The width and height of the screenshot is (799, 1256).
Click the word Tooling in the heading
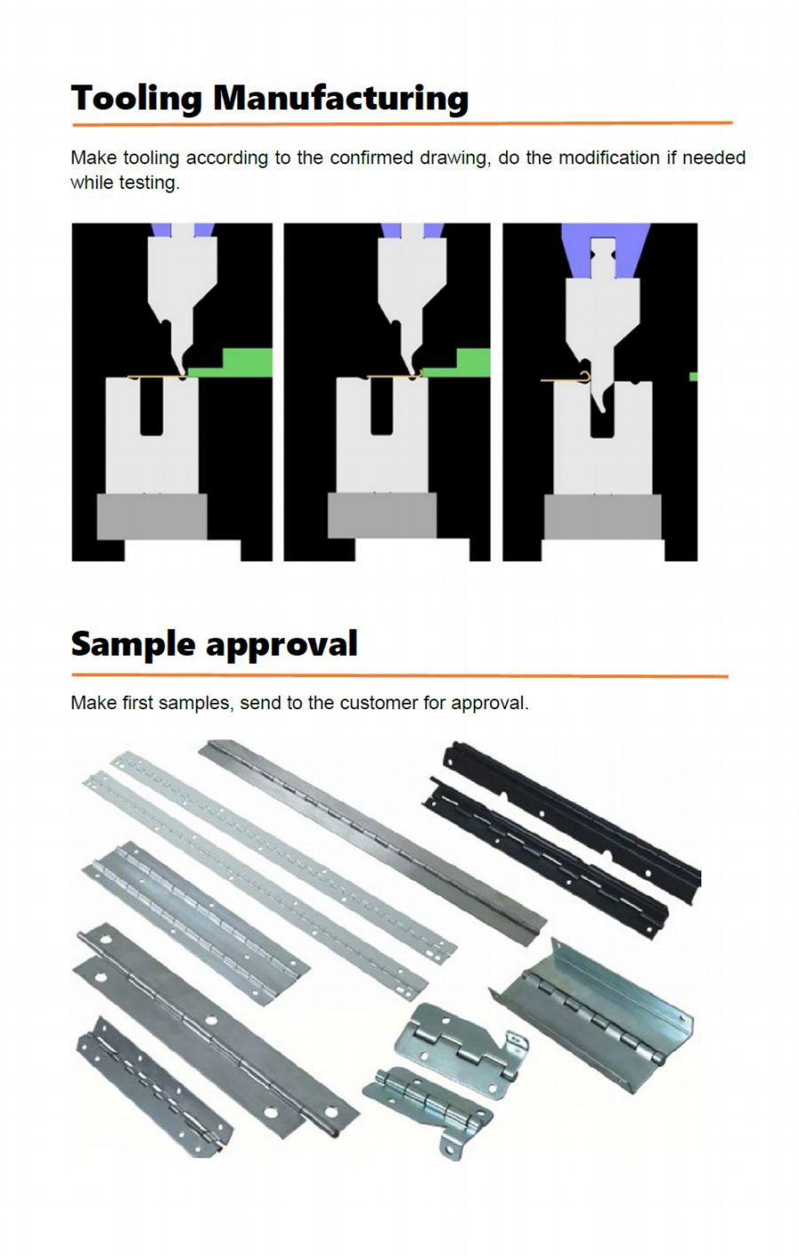[136, 99]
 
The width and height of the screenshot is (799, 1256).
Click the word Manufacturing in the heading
[341, 99]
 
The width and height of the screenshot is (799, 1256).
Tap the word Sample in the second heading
[132, 644]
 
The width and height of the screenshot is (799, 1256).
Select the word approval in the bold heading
[281, 644]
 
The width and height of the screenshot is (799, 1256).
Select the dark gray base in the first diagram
[152, 517]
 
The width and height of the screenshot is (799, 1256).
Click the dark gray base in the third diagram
[603, 517]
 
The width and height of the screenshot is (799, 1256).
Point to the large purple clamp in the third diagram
[605, 250]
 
